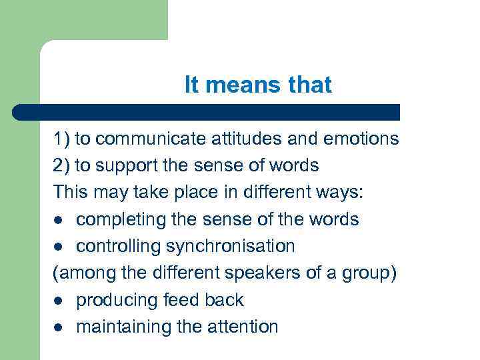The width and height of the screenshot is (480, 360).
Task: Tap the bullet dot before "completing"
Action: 58,220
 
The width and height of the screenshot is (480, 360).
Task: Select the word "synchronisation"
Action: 230,246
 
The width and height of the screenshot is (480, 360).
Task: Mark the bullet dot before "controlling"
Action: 58,247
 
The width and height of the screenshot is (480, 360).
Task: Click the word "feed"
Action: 180,300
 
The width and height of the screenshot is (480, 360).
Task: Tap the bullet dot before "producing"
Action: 58,301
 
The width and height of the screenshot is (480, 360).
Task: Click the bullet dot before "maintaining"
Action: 58,327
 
